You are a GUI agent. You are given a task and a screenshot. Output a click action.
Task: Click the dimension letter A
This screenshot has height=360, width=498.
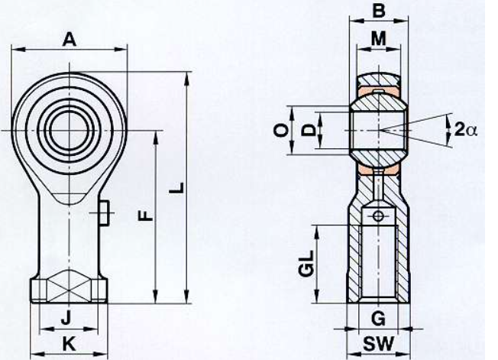pyautogui.click(x=70, y=40)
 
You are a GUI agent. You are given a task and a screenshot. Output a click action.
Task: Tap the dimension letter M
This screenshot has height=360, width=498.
pyautogui.click(x=378, y=39)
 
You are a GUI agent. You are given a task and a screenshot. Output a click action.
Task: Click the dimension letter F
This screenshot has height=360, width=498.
pyautogui.click(x=146, y=216)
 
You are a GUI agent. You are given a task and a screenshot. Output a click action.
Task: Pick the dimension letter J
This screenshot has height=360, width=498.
pyautogui.click(x=66, y=318)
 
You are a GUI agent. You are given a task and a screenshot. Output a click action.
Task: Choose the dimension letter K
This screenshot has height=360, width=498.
pyautogui.click(x=69, y=343)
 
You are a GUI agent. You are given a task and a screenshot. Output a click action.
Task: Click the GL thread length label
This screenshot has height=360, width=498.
pyautogui.click(x=307, y=264)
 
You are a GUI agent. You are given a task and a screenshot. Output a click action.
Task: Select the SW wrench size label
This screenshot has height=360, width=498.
pyautogui.click(x=378, y=343)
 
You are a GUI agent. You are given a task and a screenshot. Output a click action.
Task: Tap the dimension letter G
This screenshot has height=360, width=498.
pyautogui.click(x=378, y=318)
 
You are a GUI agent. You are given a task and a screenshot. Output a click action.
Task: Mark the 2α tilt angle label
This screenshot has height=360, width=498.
pyautogui.click(x=466, y=130)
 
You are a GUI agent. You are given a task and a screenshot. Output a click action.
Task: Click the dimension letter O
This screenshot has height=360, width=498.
pyautogui.click(x=281, y=130)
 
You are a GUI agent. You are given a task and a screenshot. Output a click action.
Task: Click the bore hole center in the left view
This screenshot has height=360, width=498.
pyautogui.click(x=70, y=130)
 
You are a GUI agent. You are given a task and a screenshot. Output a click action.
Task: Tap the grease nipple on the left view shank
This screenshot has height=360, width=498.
pyautogui.click(x=104, y=213)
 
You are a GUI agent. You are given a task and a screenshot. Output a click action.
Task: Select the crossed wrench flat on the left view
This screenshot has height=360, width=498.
pyautogui.click(x=70, y=286)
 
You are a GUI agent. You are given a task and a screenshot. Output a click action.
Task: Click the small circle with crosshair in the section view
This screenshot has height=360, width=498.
pyautogui.click(x=378, y=216)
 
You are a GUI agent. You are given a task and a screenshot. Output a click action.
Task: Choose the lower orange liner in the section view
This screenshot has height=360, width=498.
pyautogui.click(x=378, y=170)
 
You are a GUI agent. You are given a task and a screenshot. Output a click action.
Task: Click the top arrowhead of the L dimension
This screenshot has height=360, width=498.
pyautogui.click(x=187, y=79)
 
